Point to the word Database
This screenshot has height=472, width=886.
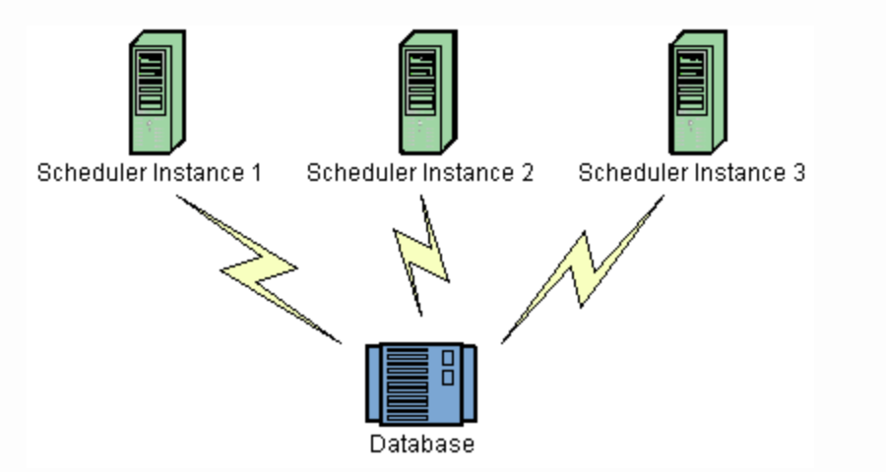click(421, 443)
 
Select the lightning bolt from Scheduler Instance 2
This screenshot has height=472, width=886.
click(422, 254)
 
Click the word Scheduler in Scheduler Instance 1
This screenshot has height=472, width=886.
click(86, 174)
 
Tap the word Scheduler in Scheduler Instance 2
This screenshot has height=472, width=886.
click(355, 174)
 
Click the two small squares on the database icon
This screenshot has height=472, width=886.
click(449, 366)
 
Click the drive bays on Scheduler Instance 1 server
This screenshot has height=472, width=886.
click(150, 84)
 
